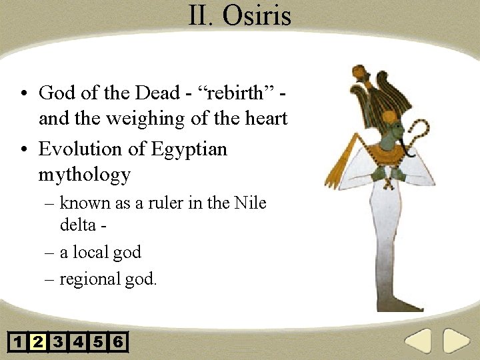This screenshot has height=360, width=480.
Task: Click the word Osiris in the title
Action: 257,15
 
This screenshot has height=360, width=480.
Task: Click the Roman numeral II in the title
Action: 199,15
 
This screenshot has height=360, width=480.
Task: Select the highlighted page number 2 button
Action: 38,343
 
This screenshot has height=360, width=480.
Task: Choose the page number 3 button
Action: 58,343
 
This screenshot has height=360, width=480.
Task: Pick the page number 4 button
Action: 78,343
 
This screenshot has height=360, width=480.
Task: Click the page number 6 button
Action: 118,343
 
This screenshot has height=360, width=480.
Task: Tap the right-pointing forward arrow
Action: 457,341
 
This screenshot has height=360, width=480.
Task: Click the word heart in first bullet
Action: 265,119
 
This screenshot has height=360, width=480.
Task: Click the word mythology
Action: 84,175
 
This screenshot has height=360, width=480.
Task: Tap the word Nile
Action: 250,203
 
